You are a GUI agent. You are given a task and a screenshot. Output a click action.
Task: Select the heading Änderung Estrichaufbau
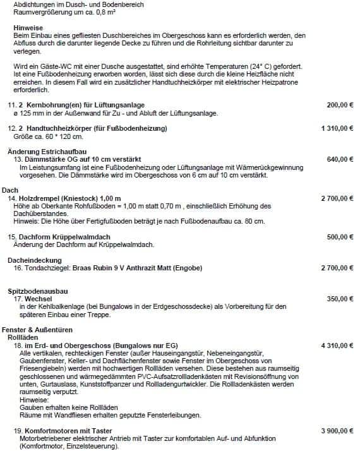[47, 151]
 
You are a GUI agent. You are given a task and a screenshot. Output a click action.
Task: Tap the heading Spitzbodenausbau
[37, 291]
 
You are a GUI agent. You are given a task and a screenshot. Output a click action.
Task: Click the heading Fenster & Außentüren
[37, 330]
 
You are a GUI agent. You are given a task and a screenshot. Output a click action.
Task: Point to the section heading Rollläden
[23, 338]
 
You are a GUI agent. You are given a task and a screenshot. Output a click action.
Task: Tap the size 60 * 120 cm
[58, 136]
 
